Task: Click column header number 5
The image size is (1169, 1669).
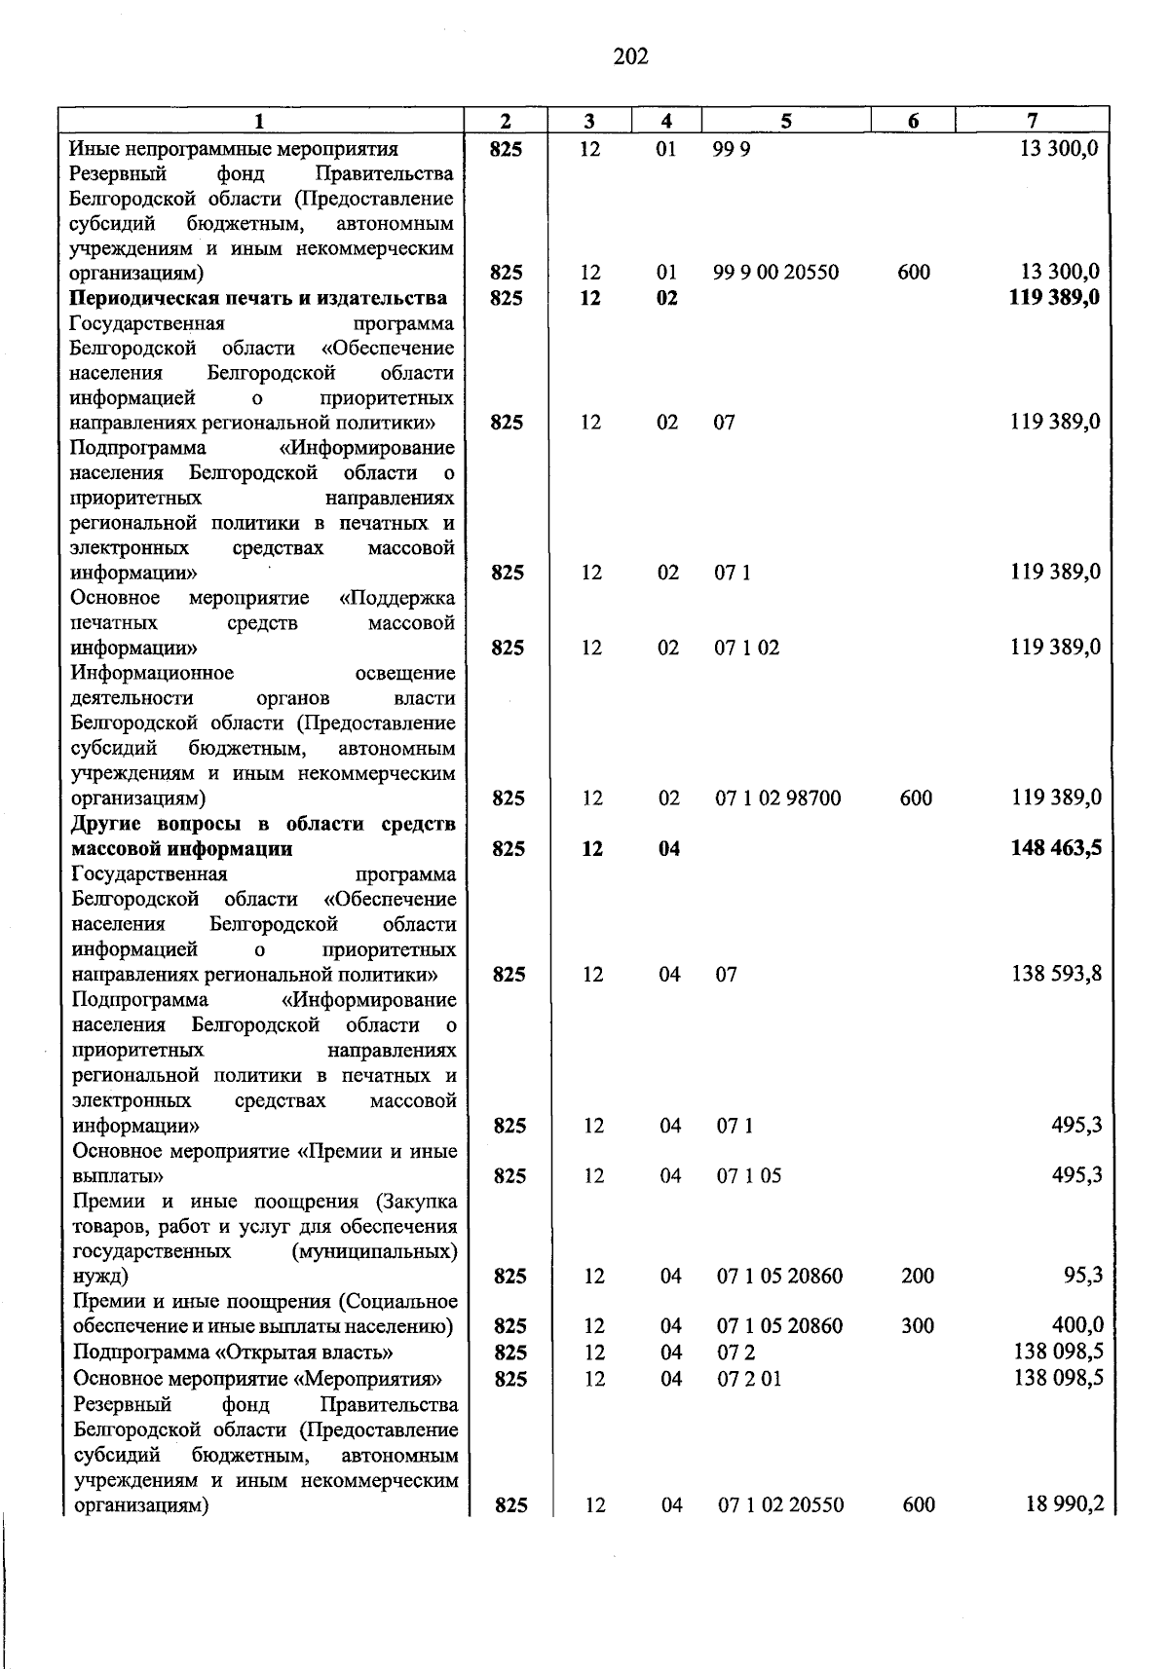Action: (785, 121)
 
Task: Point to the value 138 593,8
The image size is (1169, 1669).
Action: (1057, 973)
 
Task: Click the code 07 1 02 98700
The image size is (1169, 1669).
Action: (778, 798)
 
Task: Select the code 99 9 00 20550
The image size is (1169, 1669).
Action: (775, 273)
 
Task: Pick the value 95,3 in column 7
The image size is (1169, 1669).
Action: (1082, 1275)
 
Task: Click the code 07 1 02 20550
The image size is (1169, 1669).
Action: (781, 1505)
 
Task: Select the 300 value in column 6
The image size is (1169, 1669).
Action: (918, 1325)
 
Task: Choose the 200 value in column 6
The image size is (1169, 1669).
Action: (918, 1276)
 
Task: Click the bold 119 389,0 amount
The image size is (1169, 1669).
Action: (1055, 297)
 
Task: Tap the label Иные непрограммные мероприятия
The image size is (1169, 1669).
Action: (234, 149)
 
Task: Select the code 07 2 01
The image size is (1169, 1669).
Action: (749, 1379)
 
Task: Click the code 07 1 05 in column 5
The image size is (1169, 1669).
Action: (749, 1175)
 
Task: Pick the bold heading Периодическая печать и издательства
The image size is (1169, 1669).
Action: (258, 297)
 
